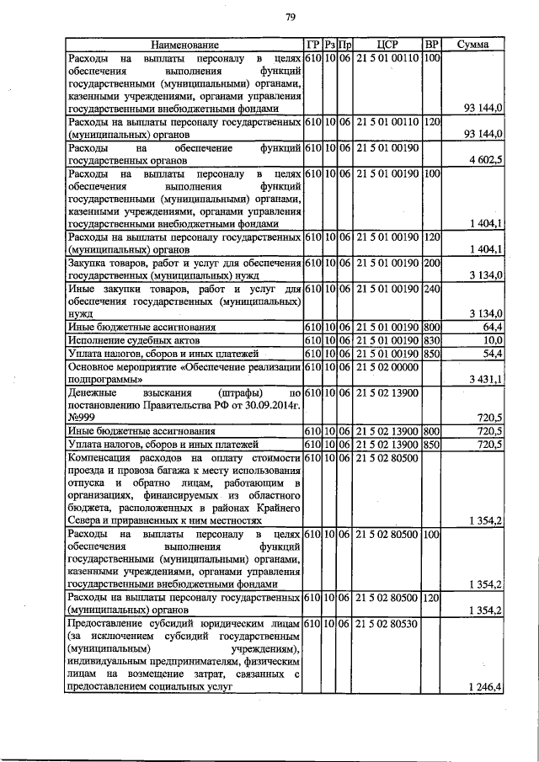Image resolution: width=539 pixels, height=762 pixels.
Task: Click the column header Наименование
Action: (x=184, y=44)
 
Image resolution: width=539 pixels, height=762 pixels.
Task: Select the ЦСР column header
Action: (x=387, y=44)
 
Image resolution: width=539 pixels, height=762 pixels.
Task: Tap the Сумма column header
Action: (x=473, y=44)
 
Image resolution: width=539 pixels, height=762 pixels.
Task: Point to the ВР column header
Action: (x=432, y=44)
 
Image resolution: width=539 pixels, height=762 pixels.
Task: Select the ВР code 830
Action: (x=432, y=338)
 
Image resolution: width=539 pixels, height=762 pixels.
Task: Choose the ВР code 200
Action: (x=432, y=263)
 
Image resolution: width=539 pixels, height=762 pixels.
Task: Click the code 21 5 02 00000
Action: (x=387, y=366)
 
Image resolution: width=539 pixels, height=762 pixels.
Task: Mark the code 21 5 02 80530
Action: (x=387, y=624)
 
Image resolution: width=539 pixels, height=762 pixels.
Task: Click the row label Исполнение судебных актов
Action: (x=133, y=339)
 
